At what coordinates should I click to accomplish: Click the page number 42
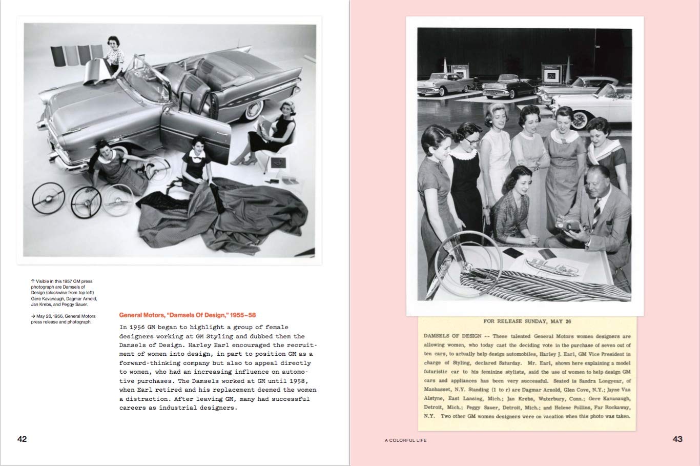tap(22, 439)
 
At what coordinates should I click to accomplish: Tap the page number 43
tap(677, 439)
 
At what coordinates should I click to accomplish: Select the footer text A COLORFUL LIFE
tap(405, 440)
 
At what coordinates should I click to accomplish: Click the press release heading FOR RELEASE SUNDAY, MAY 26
tap(527, 321)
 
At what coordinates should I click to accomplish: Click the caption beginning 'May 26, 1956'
tap(63, 319)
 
